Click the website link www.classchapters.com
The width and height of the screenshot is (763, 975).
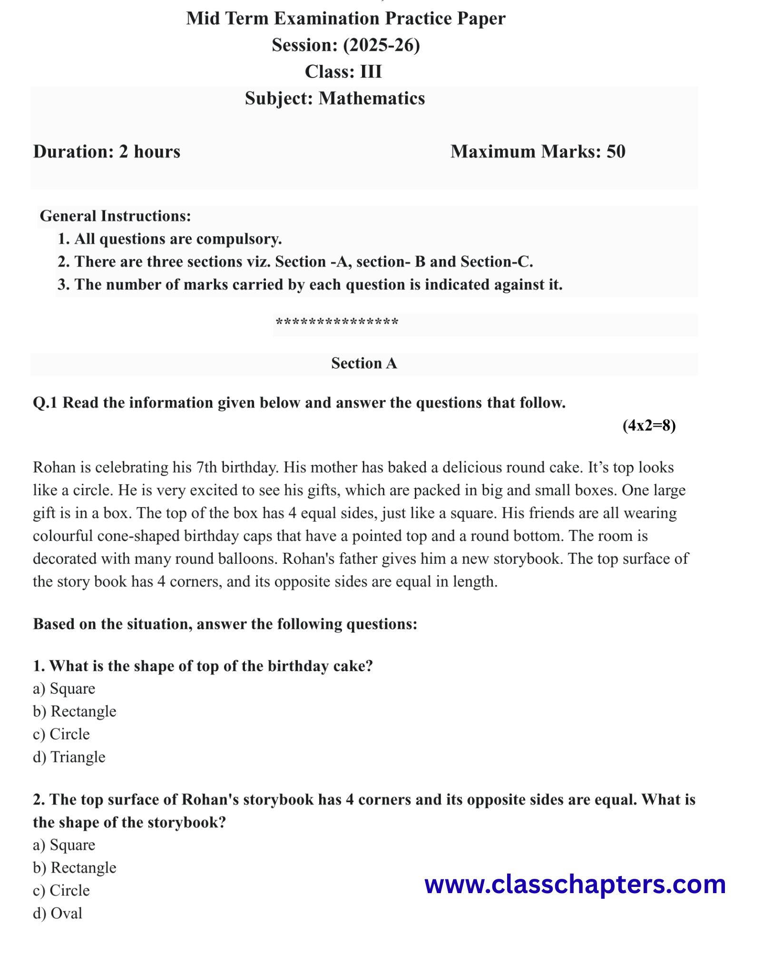pos(575,885)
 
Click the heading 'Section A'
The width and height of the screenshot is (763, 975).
pos(364,364)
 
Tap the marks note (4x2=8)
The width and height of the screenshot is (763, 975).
pos(649,425)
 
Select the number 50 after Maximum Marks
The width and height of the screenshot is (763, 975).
pos(616,151)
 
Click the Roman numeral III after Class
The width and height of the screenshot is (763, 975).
pos(371,72)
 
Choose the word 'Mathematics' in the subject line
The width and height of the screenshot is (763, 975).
pos(372,99)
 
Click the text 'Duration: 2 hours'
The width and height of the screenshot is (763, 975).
pos(107,151)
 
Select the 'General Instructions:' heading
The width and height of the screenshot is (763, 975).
pos(115,216)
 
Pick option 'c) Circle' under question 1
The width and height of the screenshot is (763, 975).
pos(61,734)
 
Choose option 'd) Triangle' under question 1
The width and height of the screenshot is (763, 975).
pos(69,757)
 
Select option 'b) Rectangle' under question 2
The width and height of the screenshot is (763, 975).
pos(74,867)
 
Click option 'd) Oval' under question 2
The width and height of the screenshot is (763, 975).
pos(58,913)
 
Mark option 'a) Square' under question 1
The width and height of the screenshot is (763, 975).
pos(64,688)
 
